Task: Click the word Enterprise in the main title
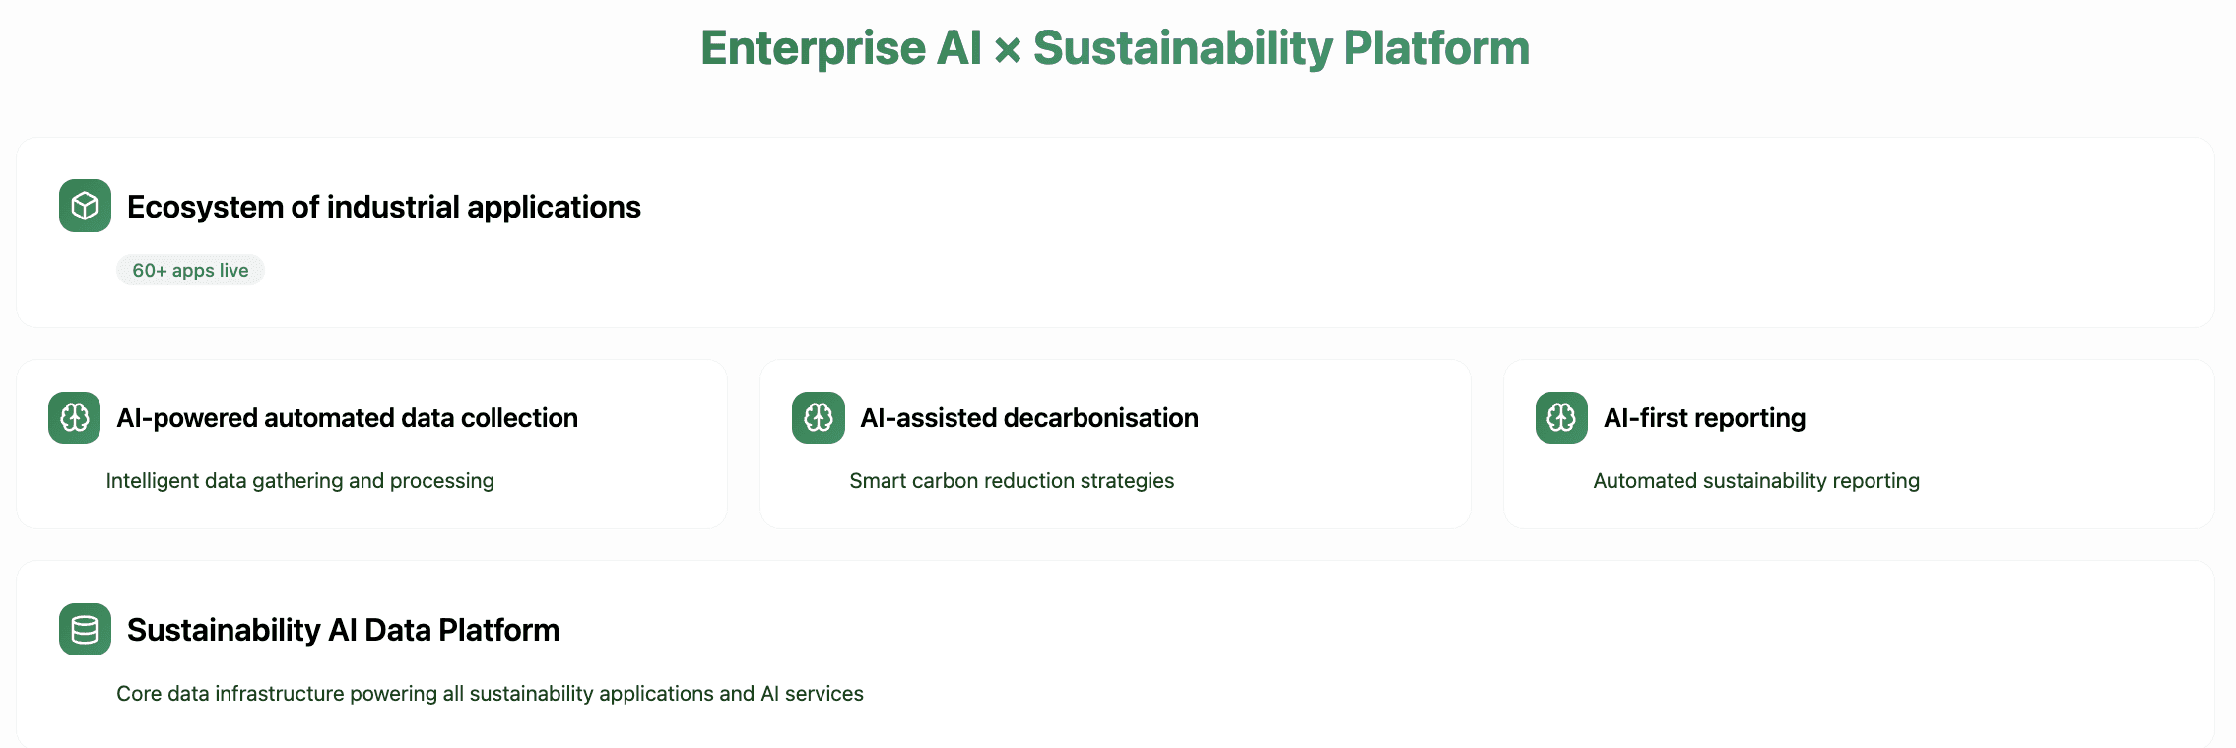coord(814,49)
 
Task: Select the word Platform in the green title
coord(1436,48)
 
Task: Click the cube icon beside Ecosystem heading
coord(85,206)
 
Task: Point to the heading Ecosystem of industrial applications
coord(384,207)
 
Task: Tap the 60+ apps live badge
coord(190,270)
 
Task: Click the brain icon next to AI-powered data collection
coord(75,418)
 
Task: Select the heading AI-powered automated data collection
coord(347,418)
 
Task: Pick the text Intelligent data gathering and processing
coord(300,481)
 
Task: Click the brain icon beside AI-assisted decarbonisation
coord(819,418)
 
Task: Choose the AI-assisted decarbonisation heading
coord(1029,418)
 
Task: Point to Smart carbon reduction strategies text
coord(1012,481)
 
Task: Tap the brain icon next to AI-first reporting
coord(1561,418)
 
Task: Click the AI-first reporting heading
coord(1705,418)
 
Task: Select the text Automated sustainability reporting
coord(1756,481)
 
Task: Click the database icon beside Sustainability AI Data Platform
coord(85,630)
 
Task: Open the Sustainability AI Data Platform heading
coord(344,630)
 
